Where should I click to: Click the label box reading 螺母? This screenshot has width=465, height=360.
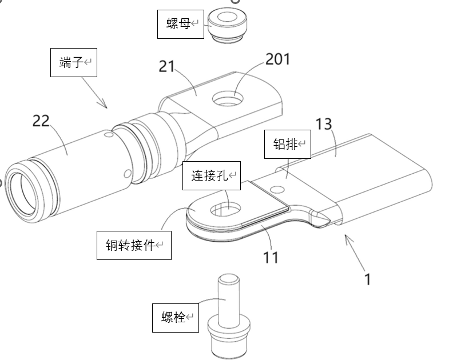181,24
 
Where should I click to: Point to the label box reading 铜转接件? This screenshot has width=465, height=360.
134,245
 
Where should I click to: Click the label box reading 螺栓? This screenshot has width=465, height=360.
175,317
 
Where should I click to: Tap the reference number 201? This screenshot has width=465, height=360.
278,59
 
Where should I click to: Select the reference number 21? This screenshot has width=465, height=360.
166,67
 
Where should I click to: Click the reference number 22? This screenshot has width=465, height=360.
41,121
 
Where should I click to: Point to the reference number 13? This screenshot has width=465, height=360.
324,124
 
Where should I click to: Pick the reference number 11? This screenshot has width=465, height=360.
271,257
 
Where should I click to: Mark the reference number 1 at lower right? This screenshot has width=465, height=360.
368,279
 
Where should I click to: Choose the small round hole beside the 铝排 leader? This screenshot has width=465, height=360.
280,189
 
